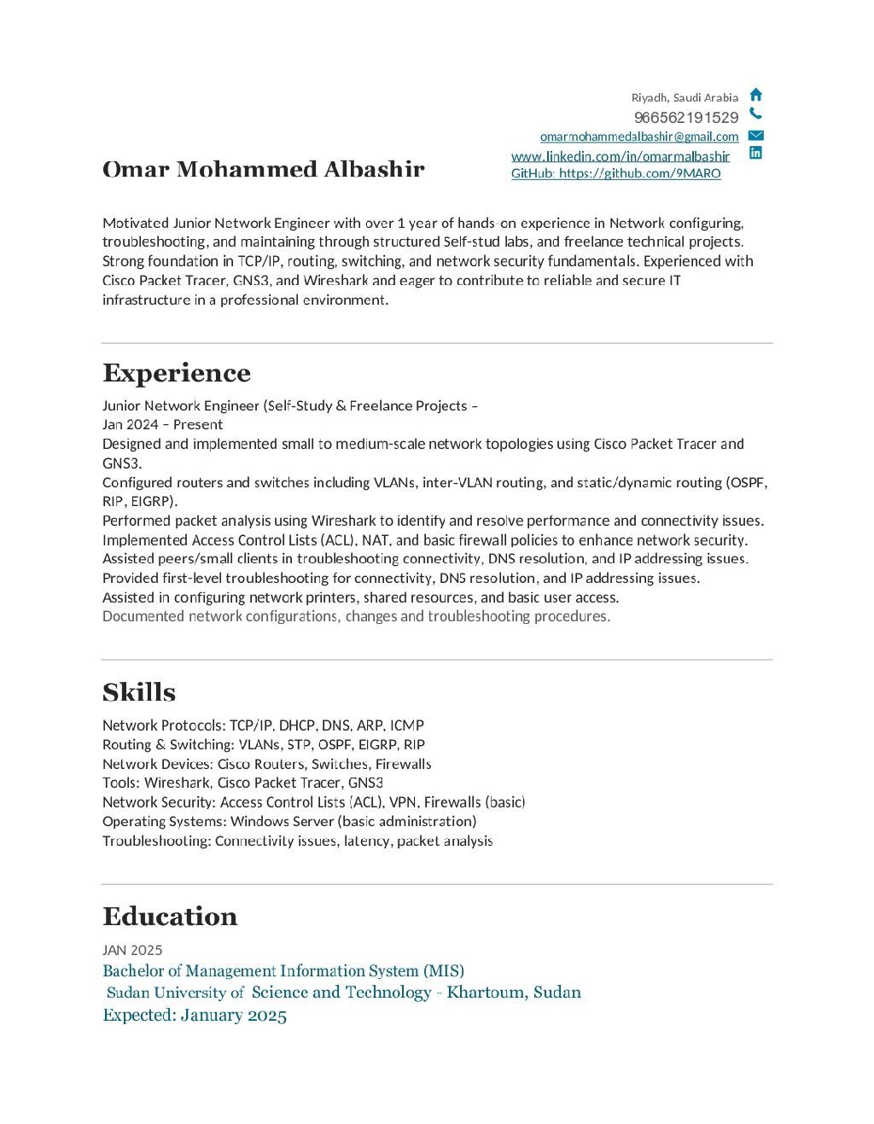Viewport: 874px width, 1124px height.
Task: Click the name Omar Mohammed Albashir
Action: pos(263,169)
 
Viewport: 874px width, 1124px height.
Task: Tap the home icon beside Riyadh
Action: pos(755,95)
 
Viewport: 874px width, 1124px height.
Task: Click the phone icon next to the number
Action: pos(755,114)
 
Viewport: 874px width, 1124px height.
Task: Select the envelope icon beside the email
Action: pos(755,135)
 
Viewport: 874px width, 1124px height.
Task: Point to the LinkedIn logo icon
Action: pos(755,153)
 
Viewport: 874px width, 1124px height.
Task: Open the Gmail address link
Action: pos(639,137)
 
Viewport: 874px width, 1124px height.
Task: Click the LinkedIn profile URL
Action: pos(621,156)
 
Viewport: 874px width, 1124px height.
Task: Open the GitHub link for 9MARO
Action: pos(615,173)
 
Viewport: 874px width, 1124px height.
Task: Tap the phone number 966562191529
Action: pos(686,118)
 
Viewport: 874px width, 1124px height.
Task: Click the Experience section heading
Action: pos(177,373)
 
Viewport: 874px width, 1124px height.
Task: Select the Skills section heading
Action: pos(139,692)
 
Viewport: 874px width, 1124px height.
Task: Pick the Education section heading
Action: pos(170,917)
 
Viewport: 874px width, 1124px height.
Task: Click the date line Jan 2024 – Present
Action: pos(162,424)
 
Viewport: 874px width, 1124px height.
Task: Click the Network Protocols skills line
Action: pos(263,725)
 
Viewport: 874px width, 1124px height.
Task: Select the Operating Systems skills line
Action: pos(289,821)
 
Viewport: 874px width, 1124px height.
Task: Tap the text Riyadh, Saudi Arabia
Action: pos(685,97)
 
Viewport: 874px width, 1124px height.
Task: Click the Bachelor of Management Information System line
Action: pos(283,970)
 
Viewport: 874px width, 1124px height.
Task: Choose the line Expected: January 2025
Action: pos(195,1015)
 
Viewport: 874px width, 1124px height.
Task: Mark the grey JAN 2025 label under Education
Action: pos(132,950)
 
